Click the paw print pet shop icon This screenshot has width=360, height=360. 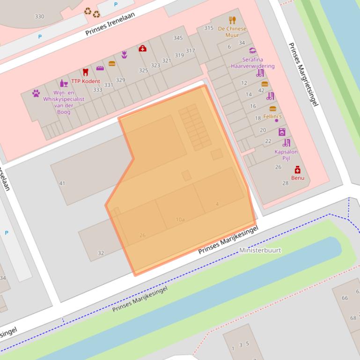click(x=36, y=93)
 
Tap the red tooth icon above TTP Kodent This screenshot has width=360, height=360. click(x=85, y=72)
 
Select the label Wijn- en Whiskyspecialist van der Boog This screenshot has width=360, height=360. click(x=64, y=102)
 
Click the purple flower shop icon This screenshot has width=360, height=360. click(x=124, y=55)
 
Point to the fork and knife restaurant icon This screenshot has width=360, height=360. click(x=232, y=20)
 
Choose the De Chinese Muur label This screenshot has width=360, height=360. click(x=232, y=32)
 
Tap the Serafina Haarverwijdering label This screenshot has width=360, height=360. click(x=253, y=63)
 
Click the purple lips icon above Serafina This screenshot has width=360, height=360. click(x=253, y=50)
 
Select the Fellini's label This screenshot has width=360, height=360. click(x=272, y=116)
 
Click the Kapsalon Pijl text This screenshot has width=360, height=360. click(x=286, y=155)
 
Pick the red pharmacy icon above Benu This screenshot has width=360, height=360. click(x=297, y=170)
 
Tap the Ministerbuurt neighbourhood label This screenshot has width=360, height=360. click(x=260, y=250)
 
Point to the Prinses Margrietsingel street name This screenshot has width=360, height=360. click(x=303, y=75)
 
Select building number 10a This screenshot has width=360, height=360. click(x=180, y=219)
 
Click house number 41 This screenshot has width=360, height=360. click(x=62, y=183)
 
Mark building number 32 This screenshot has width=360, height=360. click(x=101, y=253)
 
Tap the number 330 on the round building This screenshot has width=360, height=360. click(x=39, y=17)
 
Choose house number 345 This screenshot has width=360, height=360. click(x=178, y=38)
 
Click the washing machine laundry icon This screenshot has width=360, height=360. click(x=282, y=132)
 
